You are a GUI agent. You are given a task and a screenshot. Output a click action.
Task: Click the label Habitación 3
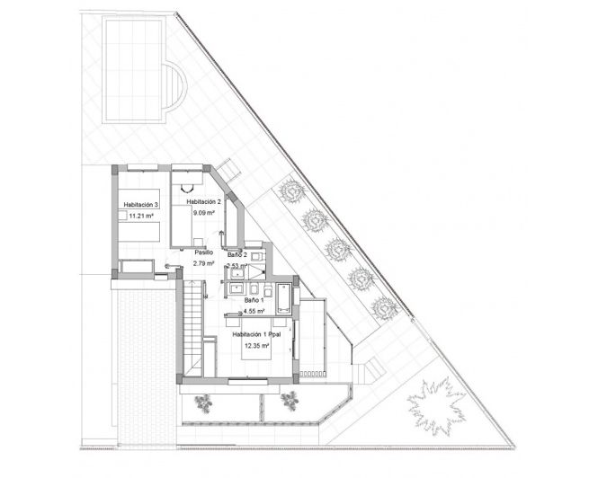141,205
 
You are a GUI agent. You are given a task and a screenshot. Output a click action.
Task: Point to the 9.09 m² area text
204,214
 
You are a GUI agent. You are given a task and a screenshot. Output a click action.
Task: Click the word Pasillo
203,252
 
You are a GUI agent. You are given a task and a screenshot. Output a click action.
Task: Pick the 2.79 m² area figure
204,264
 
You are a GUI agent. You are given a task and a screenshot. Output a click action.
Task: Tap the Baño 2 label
237,255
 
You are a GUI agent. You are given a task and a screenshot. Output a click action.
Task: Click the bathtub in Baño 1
283,296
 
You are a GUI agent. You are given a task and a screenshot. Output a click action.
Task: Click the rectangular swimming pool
133,70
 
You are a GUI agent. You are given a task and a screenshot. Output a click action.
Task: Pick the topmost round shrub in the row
292,190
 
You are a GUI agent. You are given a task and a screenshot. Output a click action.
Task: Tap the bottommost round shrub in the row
386,308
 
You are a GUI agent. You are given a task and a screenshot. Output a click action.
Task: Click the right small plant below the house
290,399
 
